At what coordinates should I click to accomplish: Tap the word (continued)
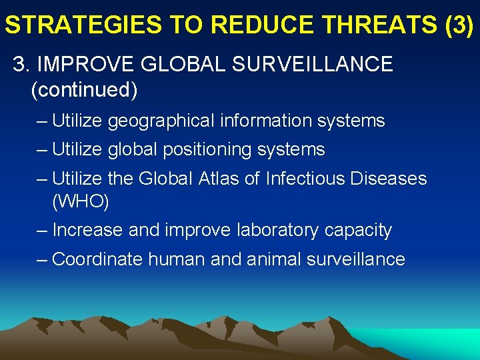point(84,90)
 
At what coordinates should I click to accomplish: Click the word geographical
point(160,121)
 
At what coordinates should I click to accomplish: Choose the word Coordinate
point(97,259)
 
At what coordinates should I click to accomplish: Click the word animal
point(275,259)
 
